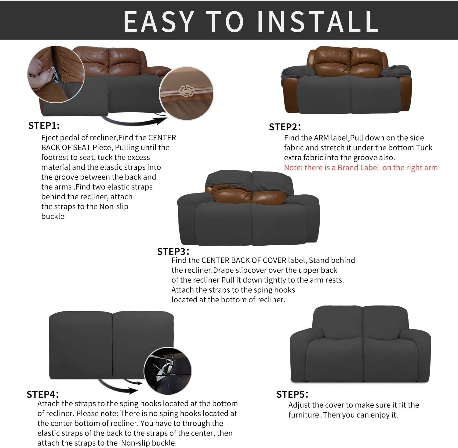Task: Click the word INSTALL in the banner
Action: pos(318,21)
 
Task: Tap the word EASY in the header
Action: pos(158,21)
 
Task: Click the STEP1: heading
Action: pos(44,126)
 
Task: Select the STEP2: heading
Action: pos(285,127)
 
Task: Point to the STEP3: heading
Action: pos(173,251)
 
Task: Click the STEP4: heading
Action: pos(42,394)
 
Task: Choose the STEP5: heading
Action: pos(292,394)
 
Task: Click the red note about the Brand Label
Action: pos(361,168)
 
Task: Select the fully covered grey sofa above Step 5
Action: pos(360,344)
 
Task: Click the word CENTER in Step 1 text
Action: pos(162,138)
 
